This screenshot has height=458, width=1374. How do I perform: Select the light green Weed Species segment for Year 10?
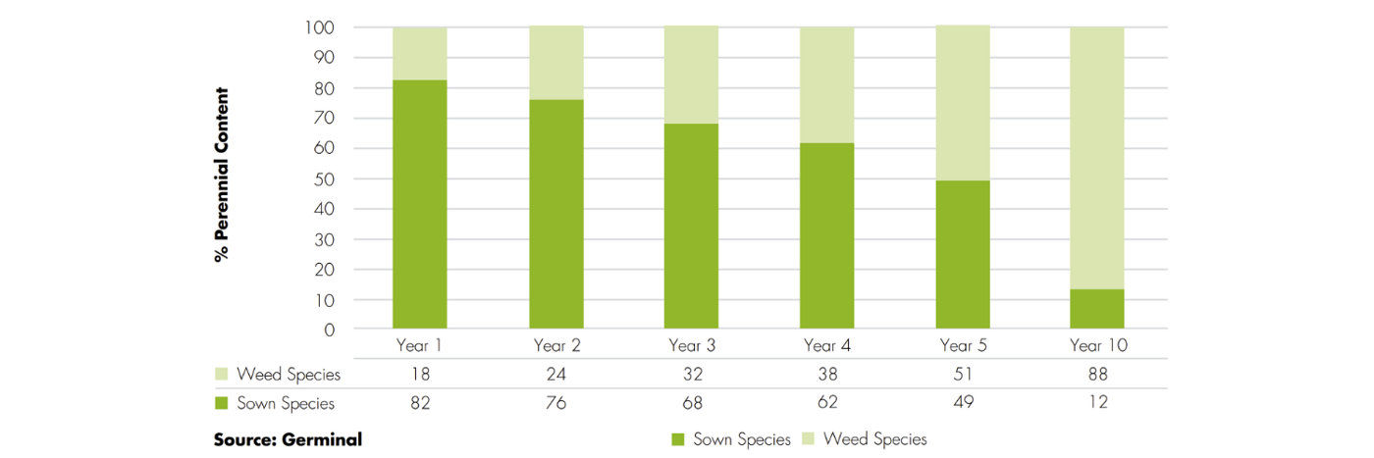click(1096, 158)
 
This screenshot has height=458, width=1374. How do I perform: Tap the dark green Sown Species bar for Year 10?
click(1096, 309)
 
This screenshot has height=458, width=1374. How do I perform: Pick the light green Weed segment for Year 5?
click(962, 103)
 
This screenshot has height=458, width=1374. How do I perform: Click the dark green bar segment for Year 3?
click(691, 226)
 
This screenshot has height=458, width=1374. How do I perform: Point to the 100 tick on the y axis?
click(322, 27)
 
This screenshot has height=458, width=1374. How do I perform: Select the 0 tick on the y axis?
click(330, 331)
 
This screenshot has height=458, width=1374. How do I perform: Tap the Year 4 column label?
click(826, 345)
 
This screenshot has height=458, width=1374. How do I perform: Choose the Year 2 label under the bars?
click(555, 345)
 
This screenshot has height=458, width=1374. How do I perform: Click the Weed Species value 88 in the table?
click(1096, 374)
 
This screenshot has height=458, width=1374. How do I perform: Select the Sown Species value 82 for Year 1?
click(420, 403)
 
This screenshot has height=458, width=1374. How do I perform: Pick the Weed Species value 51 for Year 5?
click(962, 374)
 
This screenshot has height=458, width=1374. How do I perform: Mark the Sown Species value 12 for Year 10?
click(1096, 403)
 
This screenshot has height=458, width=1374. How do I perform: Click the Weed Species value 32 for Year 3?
click(691, 374)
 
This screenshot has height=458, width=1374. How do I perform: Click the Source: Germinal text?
click(288, 439)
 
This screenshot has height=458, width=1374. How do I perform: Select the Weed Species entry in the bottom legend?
click(874, 439)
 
